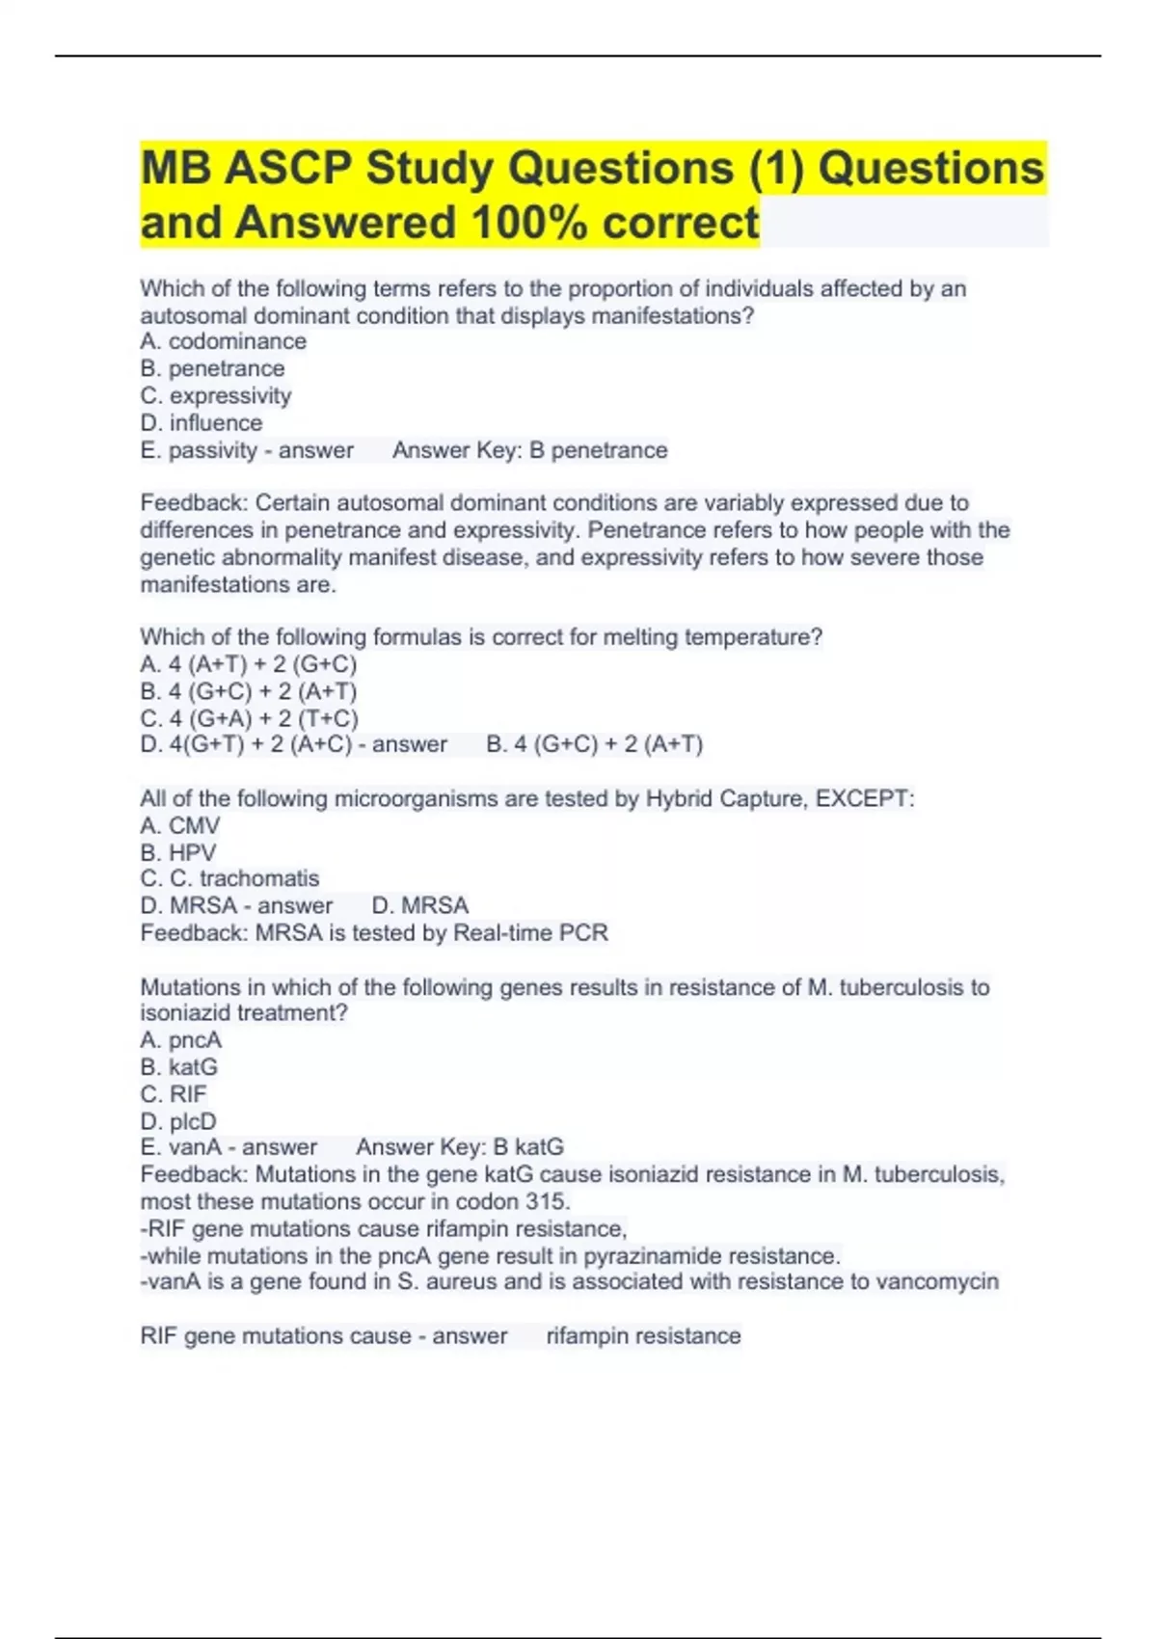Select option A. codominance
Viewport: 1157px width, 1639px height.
(x=223, y=341)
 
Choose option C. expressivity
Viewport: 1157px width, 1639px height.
(x=215, y=395)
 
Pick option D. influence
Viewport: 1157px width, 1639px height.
(x=201, y=422)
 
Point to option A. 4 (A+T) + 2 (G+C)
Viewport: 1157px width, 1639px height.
(x=248, y=664)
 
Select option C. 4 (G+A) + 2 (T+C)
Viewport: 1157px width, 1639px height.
(x=249, y=718)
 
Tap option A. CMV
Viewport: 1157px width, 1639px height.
(x=179, y=825)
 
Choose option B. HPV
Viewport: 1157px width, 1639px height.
(x=177, y=852)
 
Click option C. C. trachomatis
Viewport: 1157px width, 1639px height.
(x=229, y=878)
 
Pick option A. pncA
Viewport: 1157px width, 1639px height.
(x=180, y=1040)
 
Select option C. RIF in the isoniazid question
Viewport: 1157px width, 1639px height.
(x=174, y=1094)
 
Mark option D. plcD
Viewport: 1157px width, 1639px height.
(x=178, y=1121)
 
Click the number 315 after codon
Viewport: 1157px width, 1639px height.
(x=547, y=1201)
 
